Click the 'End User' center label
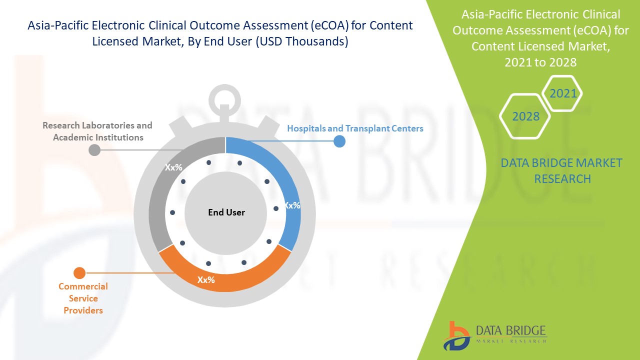point(226,212)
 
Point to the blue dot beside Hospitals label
point(339,141)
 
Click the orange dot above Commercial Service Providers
point(79,273)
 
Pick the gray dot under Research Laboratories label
point(93,150)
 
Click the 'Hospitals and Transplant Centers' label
point(355,128)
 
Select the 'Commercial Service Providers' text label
point(83,298)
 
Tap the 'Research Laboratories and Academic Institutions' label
point(97,131)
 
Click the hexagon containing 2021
point(563,93)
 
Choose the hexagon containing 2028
point(525,116)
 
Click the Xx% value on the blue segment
point(292,205)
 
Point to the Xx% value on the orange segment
point(206,280)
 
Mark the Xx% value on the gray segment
point(173,167)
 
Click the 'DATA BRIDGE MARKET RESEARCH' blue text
point(561,170)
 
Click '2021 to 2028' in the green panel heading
point(540,62)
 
